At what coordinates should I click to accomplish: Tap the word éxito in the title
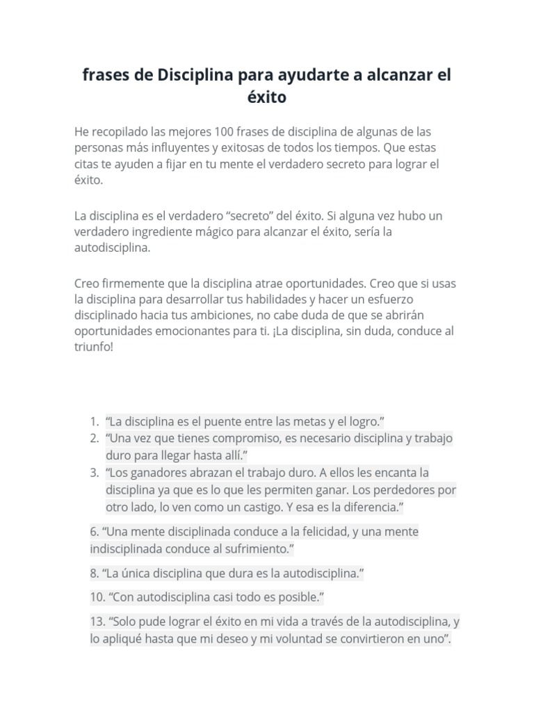pos(267,97)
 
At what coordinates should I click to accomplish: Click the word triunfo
pos(91,347)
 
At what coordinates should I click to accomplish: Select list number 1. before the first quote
pos(94,421)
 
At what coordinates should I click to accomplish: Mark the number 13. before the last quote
pos(97,622)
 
